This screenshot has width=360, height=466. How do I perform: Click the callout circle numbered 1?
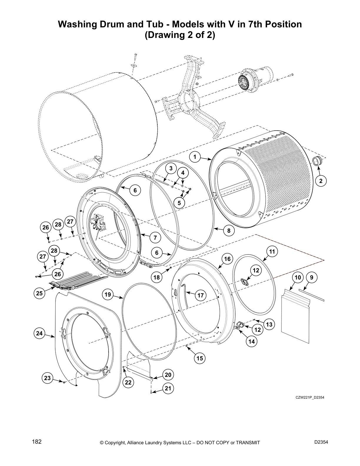pos(195,157)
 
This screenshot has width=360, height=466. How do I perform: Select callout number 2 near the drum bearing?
pos(321,181)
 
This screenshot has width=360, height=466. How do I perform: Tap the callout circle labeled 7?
pos(155,237)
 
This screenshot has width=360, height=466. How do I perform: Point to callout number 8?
pos(229,231)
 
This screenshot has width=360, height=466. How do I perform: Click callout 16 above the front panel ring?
pos(227,259)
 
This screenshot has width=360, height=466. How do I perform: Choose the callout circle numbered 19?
pos(108,294)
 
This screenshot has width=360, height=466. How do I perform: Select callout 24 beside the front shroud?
pos(39,333)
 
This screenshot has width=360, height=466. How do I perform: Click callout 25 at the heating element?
pos(39,293)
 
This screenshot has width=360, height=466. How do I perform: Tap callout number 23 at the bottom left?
pos(48,378)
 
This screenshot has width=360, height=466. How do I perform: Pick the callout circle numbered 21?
pos(168,389)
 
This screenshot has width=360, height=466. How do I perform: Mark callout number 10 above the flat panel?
pos(298,277)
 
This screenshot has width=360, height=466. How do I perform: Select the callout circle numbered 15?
pos(200,358)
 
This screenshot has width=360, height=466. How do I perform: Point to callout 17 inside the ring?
pos(200,295)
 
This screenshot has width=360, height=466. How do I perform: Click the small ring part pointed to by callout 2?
pos(317,161)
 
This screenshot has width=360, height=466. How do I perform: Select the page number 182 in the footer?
pos(36,442)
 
